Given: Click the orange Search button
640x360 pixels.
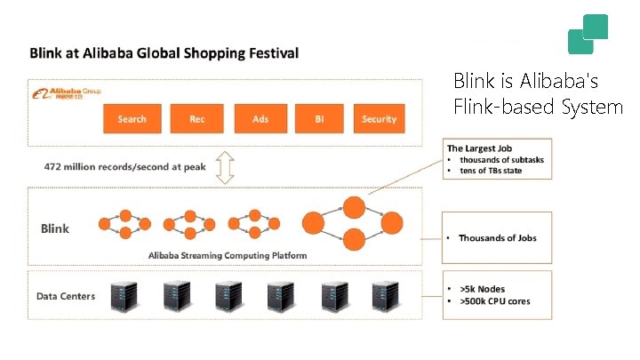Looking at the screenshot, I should coord(132,119).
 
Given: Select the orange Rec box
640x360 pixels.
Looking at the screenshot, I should coord(197,119).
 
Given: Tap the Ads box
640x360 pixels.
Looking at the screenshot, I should coord(260,119).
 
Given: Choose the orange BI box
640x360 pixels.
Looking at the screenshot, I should coord(321,119).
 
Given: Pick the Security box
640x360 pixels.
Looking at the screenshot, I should coord(380,119).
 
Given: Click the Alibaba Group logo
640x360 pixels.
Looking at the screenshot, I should coord(67,92).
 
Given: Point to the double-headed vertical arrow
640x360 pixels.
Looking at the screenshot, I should coord(225,166).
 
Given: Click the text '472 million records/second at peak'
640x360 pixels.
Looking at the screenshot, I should coord(125,167).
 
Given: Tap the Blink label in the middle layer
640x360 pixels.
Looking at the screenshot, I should coord(55,228).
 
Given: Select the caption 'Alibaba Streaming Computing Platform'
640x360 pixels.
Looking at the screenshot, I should coord(228,255).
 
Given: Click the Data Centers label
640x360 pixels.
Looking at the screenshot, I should coord(66,296).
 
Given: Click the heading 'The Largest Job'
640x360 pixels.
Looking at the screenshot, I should coord(479,148).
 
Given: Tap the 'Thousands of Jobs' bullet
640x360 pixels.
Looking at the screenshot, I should coord(498,237).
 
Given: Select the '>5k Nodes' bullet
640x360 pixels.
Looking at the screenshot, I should coord(484,290).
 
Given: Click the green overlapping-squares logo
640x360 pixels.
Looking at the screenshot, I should coord(588,35).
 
